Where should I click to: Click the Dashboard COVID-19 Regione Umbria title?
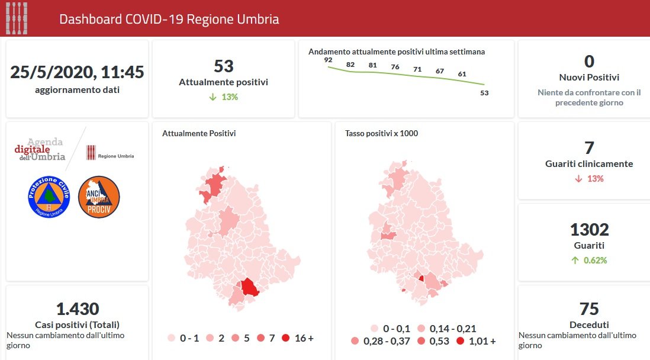[169, 19]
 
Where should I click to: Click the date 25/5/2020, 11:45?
[77, 72]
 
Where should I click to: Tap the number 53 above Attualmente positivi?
[223, 66]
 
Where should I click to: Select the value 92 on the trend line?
[328, 60]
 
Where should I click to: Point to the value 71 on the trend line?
[417, 69]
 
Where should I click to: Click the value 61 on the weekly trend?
[462, 74]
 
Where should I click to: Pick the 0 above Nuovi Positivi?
[588, 62]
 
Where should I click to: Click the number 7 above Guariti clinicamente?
[588, 148]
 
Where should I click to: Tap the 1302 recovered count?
[588, 230]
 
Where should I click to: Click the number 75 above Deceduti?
[589, 309]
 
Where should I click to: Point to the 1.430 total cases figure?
[77, 308]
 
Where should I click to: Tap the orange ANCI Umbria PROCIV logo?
[99, 197]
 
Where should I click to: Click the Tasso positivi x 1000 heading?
[381, 133]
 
